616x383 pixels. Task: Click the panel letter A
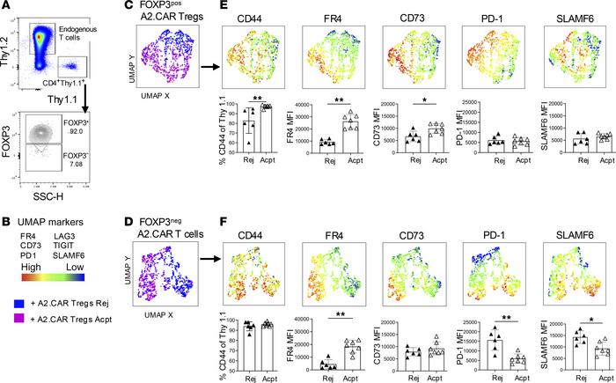(x=6, y=7)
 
